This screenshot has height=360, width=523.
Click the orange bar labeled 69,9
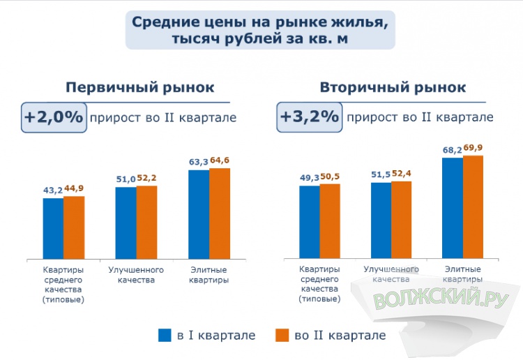pos(473,207)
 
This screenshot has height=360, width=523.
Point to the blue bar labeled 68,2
pos(453,208)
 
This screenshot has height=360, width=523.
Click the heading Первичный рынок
pos(139,88)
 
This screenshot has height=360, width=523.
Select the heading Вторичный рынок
pos(393,88)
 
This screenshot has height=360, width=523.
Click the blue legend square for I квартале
pos(165,336)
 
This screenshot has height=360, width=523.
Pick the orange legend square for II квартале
pos(282,336)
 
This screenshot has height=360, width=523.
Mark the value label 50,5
pos(331,177)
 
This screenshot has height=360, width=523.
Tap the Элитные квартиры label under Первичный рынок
pos(209,275)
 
